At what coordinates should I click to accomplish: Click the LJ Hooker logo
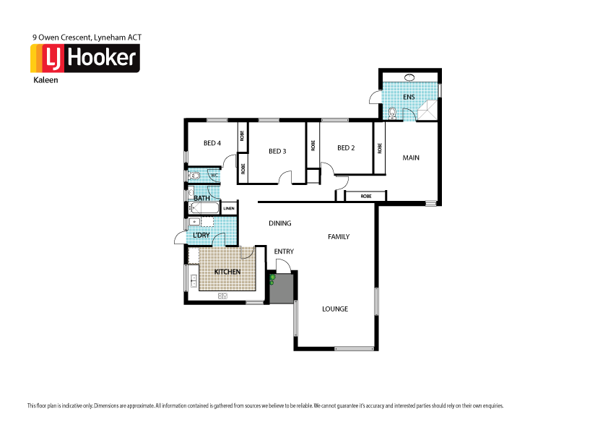pos(84,59)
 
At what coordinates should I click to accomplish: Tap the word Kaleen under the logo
pos(45,81)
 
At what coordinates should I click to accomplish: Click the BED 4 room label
pos(212,143)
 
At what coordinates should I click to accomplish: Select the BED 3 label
pos(277,151)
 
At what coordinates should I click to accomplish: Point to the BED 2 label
pos(346,148)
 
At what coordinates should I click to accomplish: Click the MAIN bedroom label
pos(411,158)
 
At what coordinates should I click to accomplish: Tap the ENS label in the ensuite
pos(409,97)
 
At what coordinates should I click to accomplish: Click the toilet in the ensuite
pos(391,112)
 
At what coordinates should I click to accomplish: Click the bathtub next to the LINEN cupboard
pos(204,209)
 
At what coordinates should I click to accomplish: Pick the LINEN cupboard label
pos(229,209)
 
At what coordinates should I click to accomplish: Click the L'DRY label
pos(201,236)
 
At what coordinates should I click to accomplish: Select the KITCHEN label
pos(227,272)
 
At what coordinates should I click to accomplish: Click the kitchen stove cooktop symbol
pos(222,296)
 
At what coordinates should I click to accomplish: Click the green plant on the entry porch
pos(272,278)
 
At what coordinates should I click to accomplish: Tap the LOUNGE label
pos(335,309)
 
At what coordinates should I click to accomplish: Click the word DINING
pos(279,223)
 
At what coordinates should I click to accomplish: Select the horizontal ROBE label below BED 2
pos(366,196)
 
